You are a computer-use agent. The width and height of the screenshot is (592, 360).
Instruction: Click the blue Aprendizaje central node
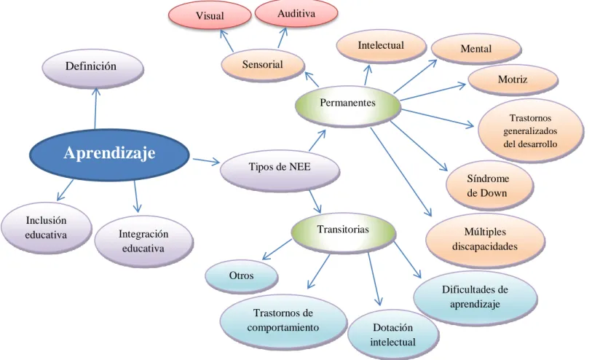(109, 154)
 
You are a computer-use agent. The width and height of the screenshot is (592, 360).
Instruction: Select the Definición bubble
(92, 68)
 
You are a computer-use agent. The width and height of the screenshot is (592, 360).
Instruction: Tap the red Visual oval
(210, 15)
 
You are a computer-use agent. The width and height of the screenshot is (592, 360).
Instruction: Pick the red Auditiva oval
(296, 13)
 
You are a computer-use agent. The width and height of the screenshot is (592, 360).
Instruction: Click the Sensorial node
(263, 65)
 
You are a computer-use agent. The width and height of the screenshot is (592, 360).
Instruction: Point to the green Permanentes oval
(348, 106)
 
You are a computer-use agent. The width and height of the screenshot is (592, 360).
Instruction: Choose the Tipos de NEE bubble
(280, 169)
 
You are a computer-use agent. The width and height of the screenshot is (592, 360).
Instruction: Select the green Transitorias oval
(344, 232)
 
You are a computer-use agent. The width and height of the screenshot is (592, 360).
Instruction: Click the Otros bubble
(242, 276)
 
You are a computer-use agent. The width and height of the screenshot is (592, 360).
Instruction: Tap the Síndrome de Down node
(489, 186)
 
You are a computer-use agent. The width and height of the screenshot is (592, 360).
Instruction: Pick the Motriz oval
(513, 79)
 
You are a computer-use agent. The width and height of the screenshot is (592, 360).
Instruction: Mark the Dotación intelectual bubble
(393, 334)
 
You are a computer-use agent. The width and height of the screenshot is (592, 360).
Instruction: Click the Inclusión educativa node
(46, 228)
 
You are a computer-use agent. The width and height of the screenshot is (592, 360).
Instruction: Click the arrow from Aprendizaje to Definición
(95, 109)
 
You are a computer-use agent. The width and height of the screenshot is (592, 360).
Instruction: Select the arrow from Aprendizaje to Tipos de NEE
(206, 161)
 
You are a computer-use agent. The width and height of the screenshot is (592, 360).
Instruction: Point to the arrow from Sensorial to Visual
(226, 41)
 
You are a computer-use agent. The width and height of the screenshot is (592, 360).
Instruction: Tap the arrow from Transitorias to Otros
(277, 249)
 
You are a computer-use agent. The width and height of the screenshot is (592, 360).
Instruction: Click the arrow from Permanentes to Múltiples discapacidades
(400, 172)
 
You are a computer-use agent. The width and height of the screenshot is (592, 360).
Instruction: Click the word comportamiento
(283, 327)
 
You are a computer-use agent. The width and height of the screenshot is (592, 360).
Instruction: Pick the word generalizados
(530, 131)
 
